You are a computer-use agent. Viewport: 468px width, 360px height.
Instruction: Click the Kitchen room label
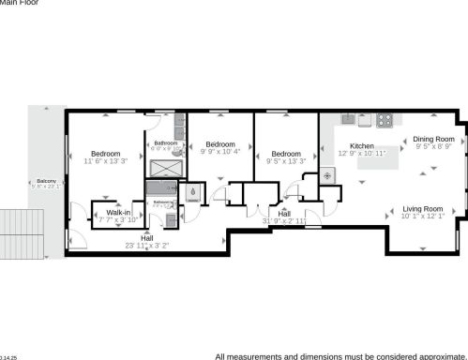coord(362,146)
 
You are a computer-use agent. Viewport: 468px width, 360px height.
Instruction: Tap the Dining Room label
coord(432,139)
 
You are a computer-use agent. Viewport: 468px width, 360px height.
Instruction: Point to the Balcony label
coord(46,181)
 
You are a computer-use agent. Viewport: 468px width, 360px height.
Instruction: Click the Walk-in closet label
coord(118,213)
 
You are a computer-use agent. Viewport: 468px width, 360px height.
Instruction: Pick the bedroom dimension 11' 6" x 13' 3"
coord(104,161)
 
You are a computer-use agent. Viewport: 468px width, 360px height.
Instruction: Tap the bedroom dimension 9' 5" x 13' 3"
coord(285,161)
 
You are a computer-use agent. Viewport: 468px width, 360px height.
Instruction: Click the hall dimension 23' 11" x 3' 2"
coord(147,246)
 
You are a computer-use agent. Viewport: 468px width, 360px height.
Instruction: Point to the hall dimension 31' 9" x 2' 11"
coord(284,221)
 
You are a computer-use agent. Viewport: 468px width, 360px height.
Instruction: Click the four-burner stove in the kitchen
coord(385,120)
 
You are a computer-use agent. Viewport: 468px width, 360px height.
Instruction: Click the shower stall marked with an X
coord(166,168)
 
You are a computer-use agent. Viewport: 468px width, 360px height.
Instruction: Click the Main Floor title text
coord(20,4)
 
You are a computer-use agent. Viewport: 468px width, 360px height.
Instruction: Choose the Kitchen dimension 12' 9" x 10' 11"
coord(362,154)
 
